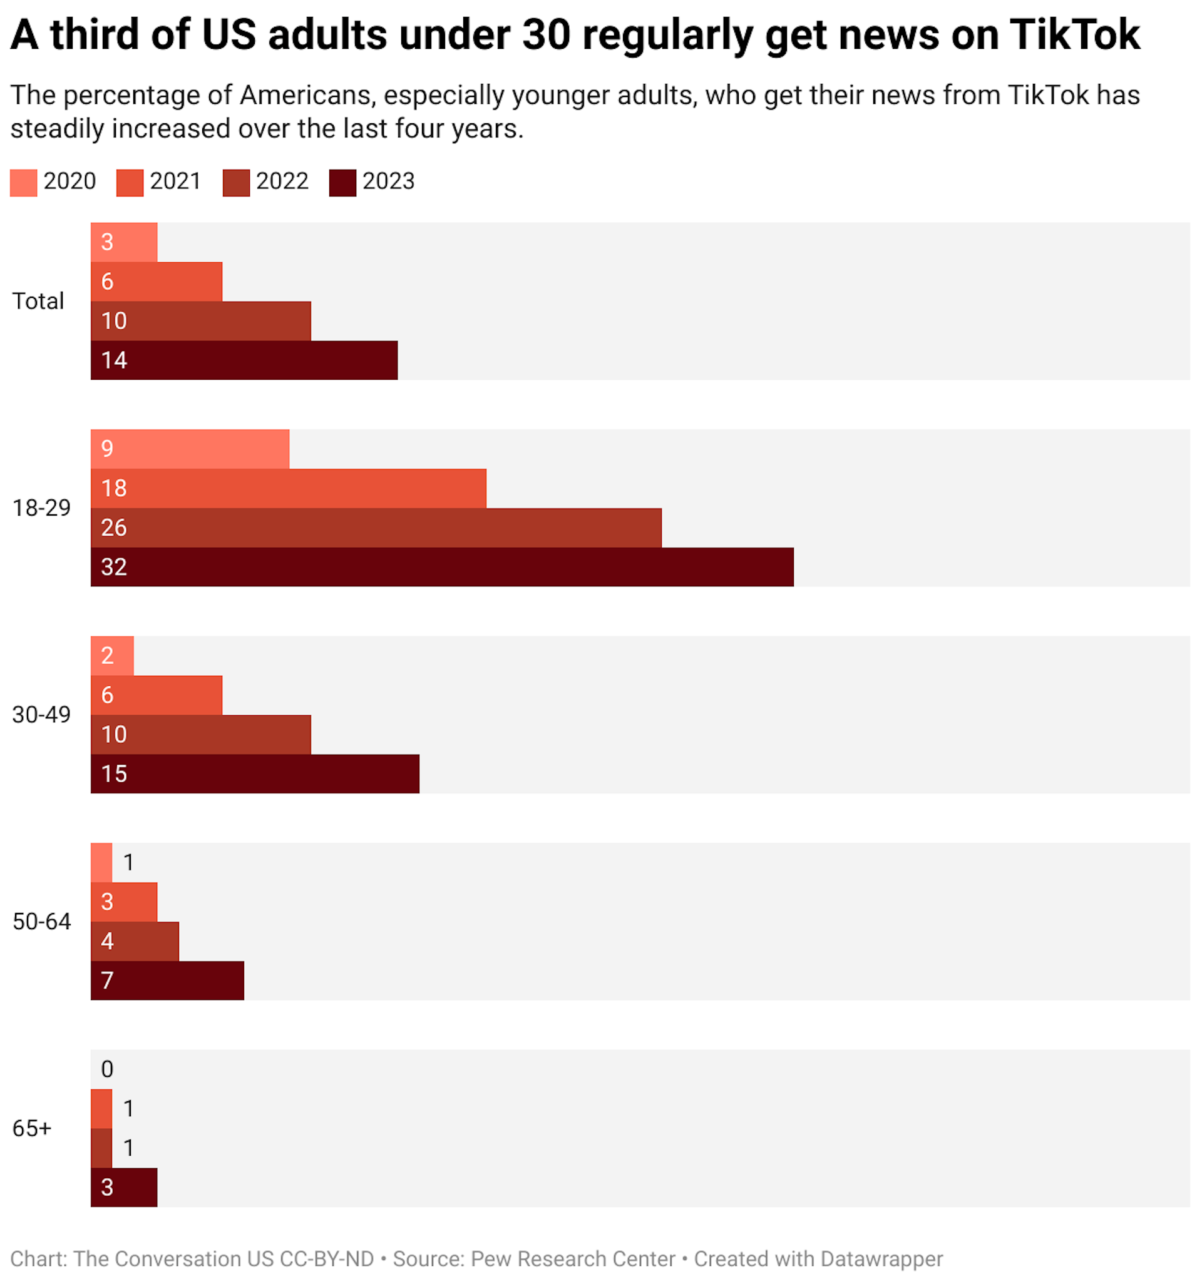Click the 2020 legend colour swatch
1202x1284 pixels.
23,183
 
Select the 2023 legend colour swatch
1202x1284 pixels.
342,183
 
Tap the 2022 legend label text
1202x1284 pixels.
282,181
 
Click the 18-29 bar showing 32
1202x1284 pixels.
442,567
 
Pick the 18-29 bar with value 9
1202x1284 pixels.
190,449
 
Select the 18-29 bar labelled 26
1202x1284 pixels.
376,527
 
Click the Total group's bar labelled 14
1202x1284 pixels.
244,360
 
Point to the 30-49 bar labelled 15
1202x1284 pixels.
255,774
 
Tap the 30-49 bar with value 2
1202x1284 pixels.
113,656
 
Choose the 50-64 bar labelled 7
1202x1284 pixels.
167,981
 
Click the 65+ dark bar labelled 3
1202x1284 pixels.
124,1187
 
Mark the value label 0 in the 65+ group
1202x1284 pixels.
107,1069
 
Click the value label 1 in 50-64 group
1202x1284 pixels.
128,862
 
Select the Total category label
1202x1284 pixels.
38,301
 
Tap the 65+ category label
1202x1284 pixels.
32,1128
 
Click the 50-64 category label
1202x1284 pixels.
41,922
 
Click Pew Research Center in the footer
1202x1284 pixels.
573,1259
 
